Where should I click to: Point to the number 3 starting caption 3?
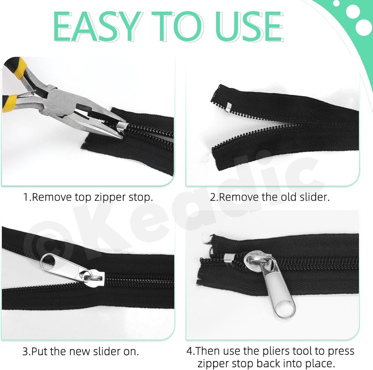(25, 352)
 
